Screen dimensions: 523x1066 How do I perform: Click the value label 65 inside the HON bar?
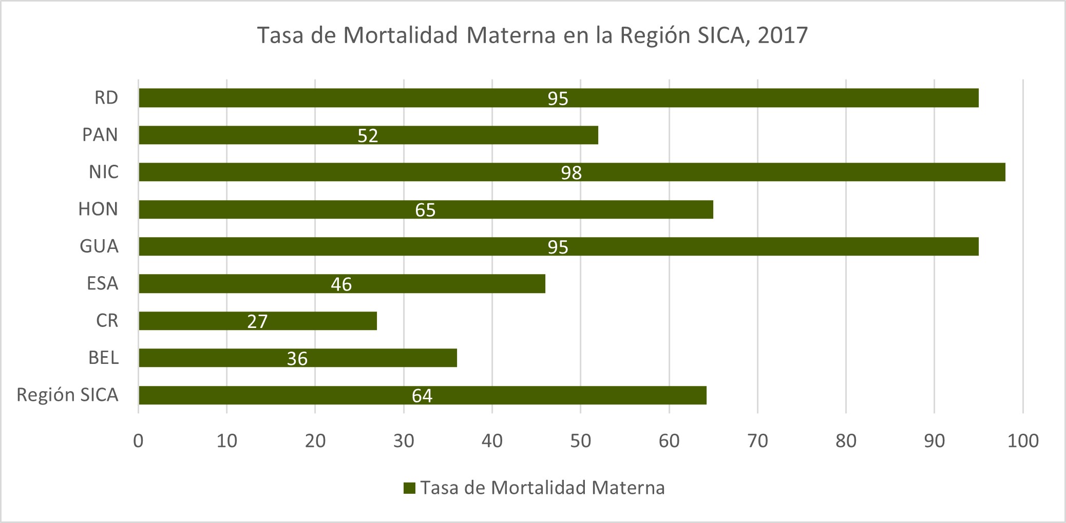tap(425, 210)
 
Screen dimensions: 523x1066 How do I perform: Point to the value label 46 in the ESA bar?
tap(341, 284)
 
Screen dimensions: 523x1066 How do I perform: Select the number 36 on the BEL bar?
tap(297, 358)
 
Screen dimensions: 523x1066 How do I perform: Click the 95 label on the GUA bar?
tap(558, 247)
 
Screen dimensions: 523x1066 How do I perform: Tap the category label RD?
tap(106, 98)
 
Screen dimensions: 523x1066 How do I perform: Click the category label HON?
tap(98, 209)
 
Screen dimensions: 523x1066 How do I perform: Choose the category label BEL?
tap(103, 357)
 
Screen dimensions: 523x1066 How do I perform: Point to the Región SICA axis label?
tap(67, 395)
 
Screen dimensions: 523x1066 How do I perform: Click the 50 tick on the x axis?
tap(581, 440)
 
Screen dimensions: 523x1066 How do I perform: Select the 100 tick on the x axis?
tap(1023, 440)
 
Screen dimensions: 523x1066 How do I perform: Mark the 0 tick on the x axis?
tap(138, 440)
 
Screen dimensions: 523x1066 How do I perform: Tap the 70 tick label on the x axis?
tap(757, 440)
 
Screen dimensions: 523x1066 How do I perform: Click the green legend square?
tap(409, 488)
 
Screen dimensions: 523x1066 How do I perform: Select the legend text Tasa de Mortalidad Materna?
tap(542, 488)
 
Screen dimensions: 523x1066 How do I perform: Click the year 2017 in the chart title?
tap(783, 35)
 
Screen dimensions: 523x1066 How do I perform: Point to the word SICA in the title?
tap(722, 35)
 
